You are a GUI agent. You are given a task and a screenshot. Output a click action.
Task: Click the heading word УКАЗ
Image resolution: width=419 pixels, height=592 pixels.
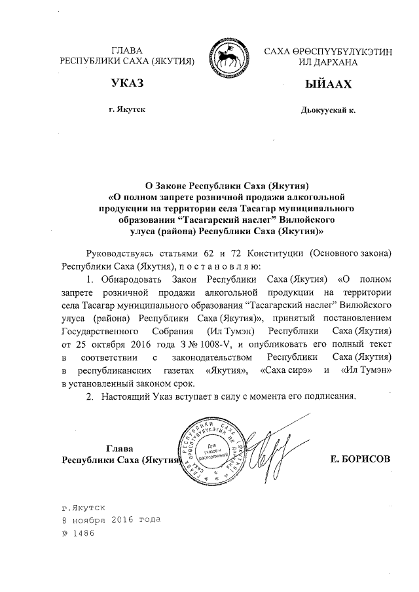(x=127, y=84)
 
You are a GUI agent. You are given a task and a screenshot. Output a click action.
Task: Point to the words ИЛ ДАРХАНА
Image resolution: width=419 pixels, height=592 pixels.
(x=319, y=62)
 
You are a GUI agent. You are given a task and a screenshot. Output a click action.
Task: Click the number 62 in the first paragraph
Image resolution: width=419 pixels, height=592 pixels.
(x=213, y=252)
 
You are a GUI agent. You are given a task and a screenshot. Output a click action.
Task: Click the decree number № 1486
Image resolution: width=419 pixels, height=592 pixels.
(x=77, y=533)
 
